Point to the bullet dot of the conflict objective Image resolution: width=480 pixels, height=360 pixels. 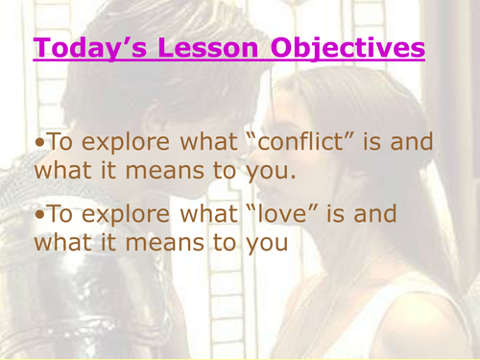tap(38, 141)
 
